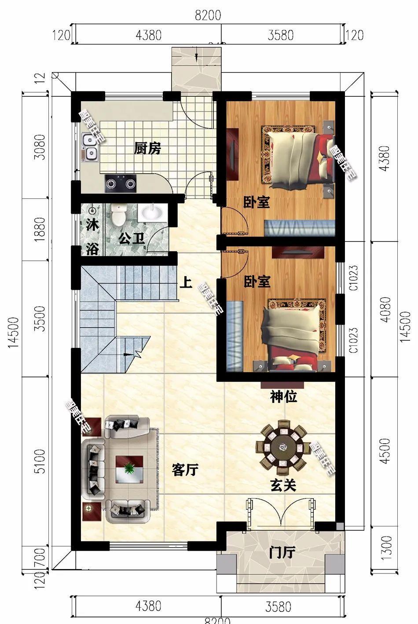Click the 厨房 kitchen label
pos(147,149)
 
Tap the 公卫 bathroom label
pos(132,239)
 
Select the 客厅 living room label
pos(185,470)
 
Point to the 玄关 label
pos(282,485)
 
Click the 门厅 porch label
pos(282,552)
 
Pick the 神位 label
pos(283,397)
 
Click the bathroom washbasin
pos(152,213)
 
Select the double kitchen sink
pos(90,147)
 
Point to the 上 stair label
pos(186,282)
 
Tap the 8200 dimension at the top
pos(208,15)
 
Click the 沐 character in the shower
pos(92,225)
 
